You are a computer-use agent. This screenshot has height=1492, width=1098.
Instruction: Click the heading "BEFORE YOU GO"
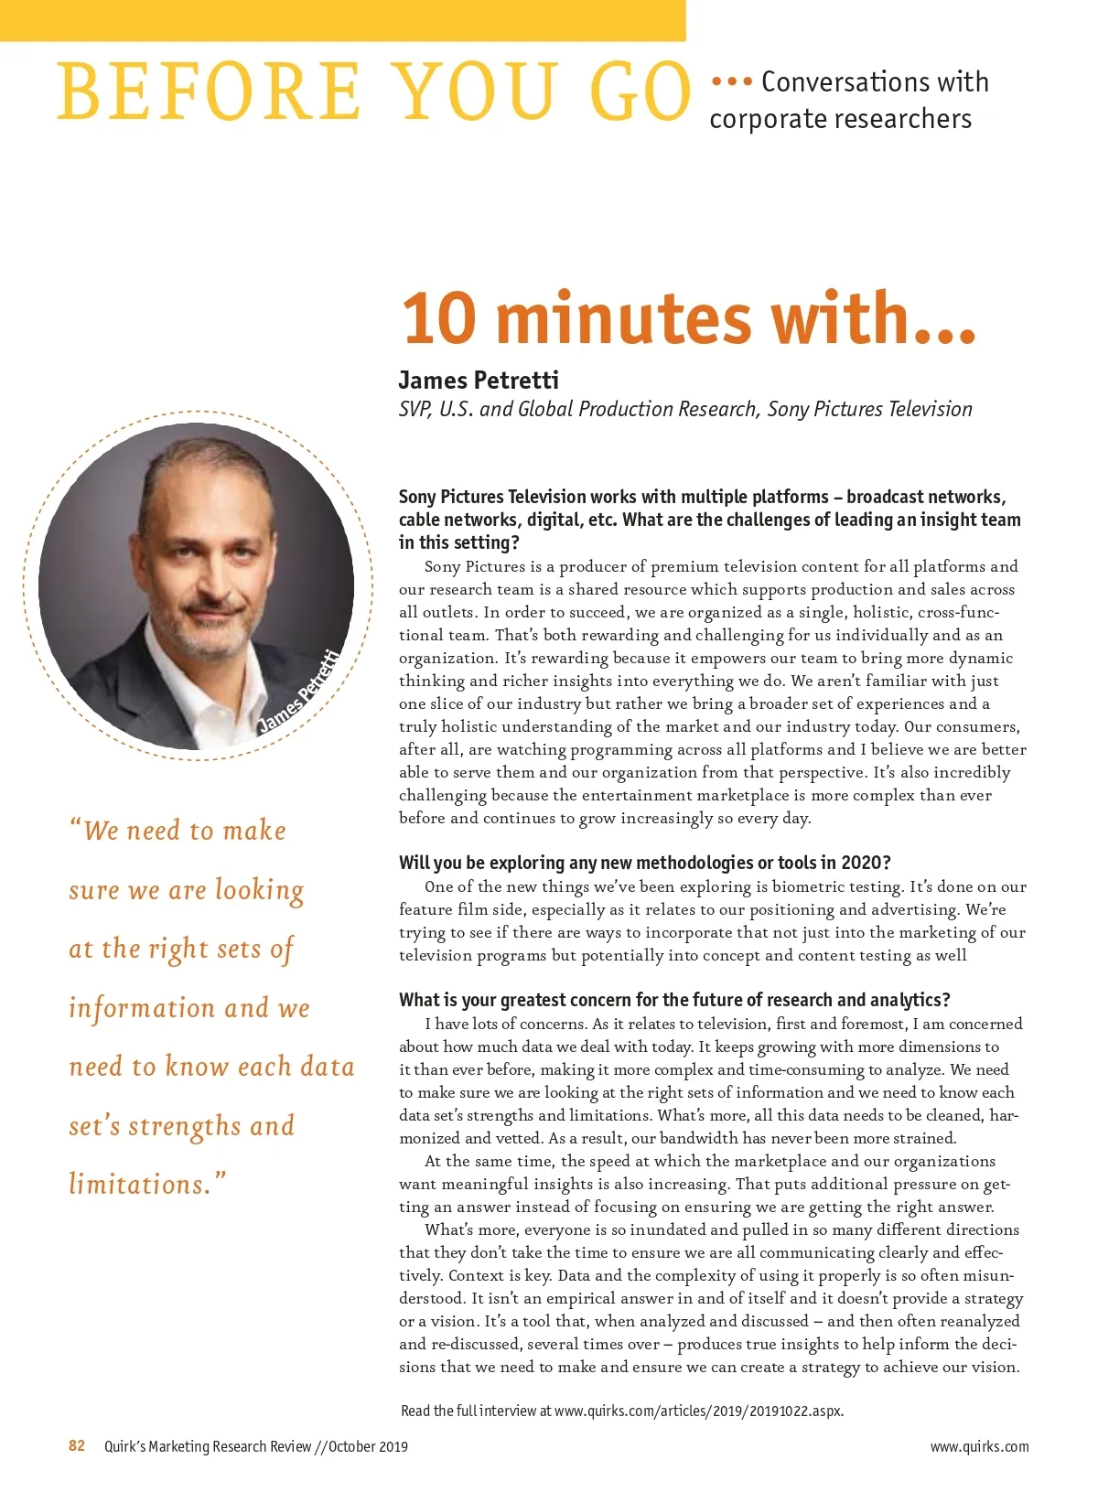click(373, 91)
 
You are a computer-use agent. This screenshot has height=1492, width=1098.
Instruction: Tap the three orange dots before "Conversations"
click(731, 82)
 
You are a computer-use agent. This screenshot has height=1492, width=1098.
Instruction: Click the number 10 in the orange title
click(439, 317)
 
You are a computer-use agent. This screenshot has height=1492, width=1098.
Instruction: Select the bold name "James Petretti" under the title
click(478, 380)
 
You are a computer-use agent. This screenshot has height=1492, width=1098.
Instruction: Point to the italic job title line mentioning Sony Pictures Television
click(684, 409)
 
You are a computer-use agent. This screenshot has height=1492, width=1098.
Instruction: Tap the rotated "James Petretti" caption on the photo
click(299, 691)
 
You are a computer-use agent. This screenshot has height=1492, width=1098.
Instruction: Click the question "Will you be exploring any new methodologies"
click(644, 862)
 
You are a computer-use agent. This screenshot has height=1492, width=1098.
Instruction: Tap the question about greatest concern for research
click(674, 999)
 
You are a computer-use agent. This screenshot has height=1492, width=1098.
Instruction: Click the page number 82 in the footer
click(77, 1445)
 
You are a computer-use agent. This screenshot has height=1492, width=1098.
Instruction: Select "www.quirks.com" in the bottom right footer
click(979, 1446)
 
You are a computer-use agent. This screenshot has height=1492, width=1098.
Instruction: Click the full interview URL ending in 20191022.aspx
click(698, 1410)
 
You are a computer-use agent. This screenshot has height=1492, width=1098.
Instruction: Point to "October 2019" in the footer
click(368, 1446)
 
